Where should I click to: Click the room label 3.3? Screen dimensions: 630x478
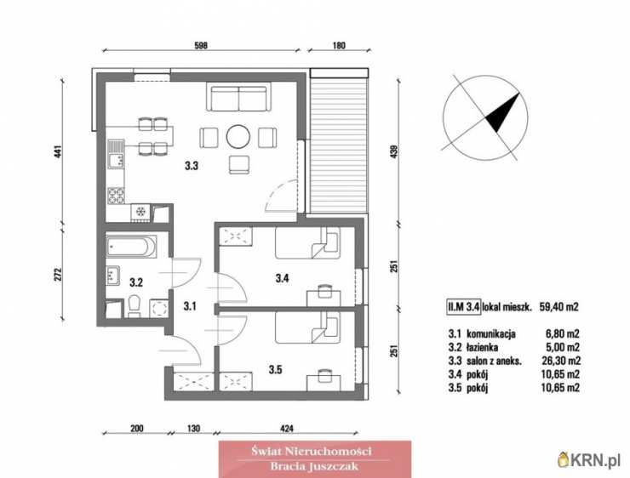coord(192,165)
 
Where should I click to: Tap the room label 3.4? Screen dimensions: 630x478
coord(282,278)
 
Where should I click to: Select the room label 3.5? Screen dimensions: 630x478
coord(275,369)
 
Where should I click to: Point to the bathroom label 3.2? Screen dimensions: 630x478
coord(136,282)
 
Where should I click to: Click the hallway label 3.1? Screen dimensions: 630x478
coord(190,306)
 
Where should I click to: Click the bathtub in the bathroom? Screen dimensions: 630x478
coord(131,247)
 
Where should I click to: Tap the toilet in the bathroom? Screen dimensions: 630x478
coord(134,307)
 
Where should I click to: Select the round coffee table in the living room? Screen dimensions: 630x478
coord(238,137)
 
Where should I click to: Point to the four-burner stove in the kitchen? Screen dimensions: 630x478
coord(116,196)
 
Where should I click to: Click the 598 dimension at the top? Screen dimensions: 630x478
coord(201,45)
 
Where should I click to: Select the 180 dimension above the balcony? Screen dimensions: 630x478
coord(339,45)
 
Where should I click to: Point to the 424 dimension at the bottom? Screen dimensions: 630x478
coord(286,429)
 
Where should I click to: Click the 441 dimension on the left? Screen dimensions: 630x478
coord(59,151)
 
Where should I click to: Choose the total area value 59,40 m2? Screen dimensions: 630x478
coord(558,307)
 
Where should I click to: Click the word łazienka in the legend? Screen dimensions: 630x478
coord(483,347)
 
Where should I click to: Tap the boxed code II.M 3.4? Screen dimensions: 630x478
coord(463,307)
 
